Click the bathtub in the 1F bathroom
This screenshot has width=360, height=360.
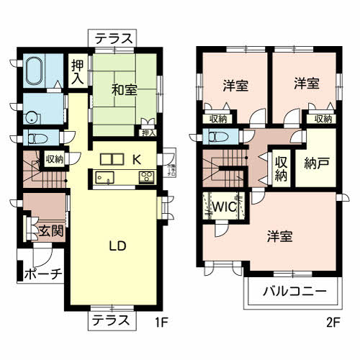(35, 72)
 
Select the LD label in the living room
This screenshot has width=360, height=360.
(118, 246)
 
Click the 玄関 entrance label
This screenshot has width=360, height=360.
(50, 231)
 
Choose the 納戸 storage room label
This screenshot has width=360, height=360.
(316, 162)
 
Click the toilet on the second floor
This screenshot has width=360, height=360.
(217, 136)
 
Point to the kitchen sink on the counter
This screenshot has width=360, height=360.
(102, 177)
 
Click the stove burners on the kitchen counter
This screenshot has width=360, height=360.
(145, 177)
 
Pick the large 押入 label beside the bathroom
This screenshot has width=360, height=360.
(77, 72)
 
